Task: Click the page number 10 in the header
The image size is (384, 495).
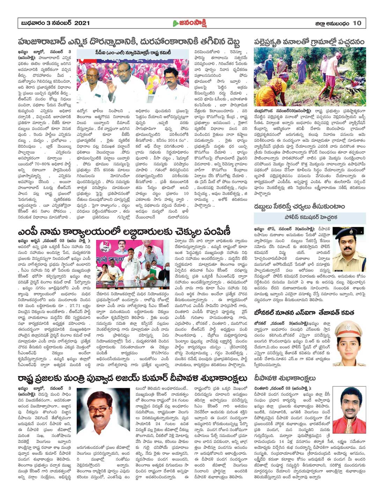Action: pyautogui.click(x=357, y=23)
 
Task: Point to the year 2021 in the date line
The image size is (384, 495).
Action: pyautogui.click(x=82, y=23)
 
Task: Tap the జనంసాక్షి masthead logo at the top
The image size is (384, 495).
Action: pyautogui.click(x=190, y=23)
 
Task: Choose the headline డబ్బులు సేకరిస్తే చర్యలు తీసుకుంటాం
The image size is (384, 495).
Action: pyautogui.click(x=300, y=207)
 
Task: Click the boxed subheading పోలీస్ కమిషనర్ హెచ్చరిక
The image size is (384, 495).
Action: pyautogui.click(x=310, y=217)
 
